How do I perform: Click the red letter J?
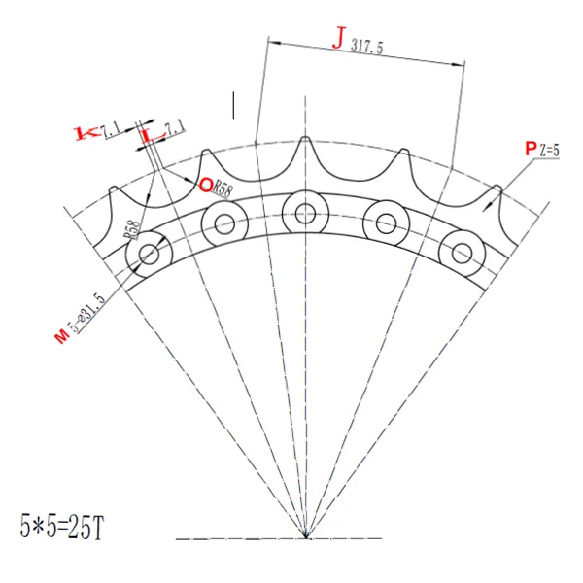[338, 40]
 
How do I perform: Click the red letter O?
[206, 184]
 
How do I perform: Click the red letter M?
[61, 335]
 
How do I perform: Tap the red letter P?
[530, 148]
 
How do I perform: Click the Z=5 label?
[551, 150]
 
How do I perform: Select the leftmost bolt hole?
[149, 256]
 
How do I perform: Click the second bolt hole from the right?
[384, 222]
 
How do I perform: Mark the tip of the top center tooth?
[305, 138]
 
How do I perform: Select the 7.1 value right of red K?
[110, 126]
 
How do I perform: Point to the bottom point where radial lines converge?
[305, 536]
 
